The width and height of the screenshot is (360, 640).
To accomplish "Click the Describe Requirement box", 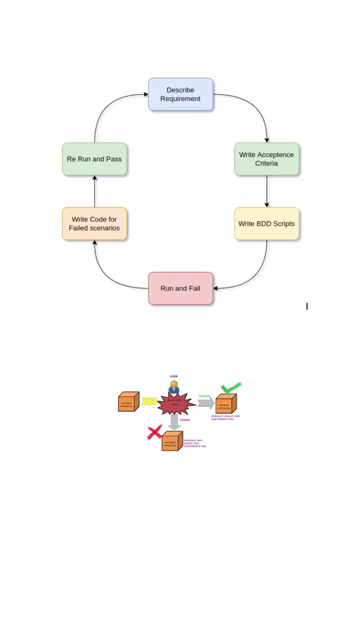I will coord(181,94).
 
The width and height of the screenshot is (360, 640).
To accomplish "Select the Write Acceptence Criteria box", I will coord(267,159).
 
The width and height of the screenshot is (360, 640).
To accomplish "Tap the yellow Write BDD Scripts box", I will coord(267,224).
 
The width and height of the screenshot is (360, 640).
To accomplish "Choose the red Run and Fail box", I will coord(181,289).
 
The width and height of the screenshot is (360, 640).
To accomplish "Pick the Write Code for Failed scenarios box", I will coord(94,224).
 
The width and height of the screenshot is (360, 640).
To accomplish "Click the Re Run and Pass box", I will coord(94,159).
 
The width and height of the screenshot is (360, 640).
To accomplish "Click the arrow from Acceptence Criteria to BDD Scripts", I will coord(267,191).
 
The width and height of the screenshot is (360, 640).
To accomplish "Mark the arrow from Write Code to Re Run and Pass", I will coord(94,191).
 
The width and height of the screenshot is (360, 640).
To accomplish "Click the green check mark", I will coord(231,387).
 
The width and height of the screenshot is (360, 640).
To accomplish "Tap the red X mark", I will coord(154,432).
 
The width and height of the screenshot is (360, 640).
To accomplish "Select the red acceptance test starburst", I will coord(175,403).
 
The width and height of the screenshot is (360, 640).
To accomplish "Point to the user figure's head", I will coord(174,384).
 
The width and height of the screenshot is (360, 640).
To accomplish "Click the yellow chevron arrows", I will coord(149,402).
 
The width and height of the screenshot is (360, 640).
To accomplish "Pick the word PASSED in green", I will coord(204,396).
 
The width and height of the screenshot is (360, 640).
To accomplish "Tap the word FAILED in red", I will coord(185,420).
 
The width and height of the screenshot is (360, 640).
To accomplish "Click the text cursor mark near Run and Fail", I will coord(307,306).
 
